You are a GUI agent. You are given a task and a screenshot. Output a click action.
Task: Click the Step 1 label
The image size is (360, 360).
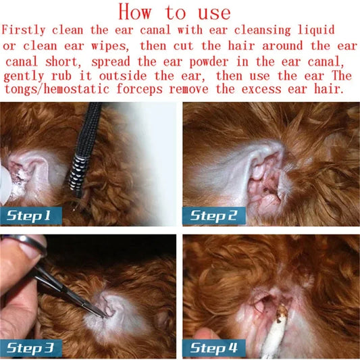coord(31,215)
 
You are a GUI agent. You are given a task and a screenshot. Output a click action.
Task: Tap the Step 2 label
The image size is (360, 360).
coord(213,215)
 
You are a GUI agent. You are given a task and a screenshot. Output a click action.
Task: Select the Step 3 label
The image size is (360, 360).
coord(31,349)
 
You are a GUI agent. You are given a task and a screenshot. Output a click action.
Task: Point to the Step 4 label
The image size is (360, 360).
coord(213,349)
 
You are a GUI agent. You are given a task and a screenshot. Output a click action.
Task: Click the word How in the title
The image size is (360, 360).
coord(135,12)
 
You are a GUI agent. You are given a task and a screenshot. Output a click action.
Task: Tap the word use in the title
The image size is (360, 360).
coord(214,14)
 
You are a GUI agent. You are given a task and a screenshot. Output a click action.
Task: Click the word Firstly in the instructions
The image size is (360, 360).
coord(24,30)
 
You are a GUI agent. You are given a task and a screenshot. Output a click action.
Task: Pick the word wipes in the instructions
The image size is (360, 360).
coord(109,46)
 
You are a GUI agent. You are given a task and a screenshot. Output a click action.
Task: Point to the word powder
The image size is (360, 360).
coord(209,61)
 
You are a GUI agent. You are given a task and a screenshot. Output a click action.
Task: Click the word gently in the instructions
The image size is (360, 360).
coord(24,76)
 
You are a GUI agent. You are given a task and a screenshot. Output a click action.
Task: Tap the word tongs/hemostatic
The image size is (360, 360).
coord(57,89)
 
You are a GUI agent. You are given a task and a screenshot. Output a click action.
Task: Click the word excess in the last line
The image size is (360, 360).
coord(261,89)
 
